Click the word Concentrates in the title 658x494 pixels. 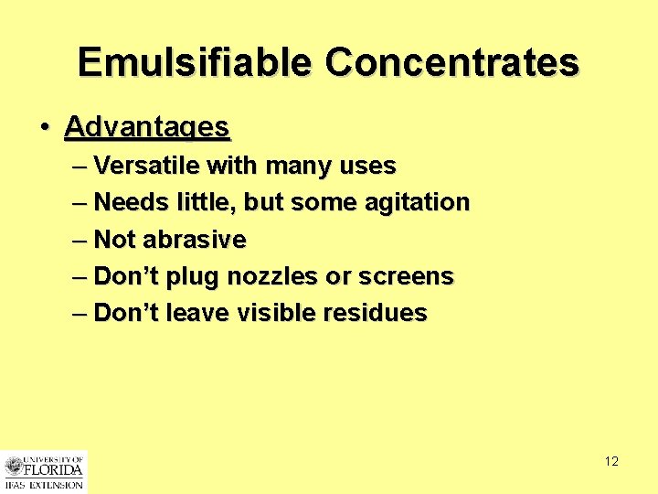pos(452,62)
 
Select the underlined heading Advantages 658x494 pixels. pos(147,127)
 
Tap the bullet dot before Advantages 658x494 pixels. pos(45,127)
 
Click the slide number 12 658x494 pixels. pos(611,461)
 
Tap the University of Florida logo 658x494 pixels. pos(43,471)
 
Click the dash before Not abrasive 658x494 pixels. pos(80,240)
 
